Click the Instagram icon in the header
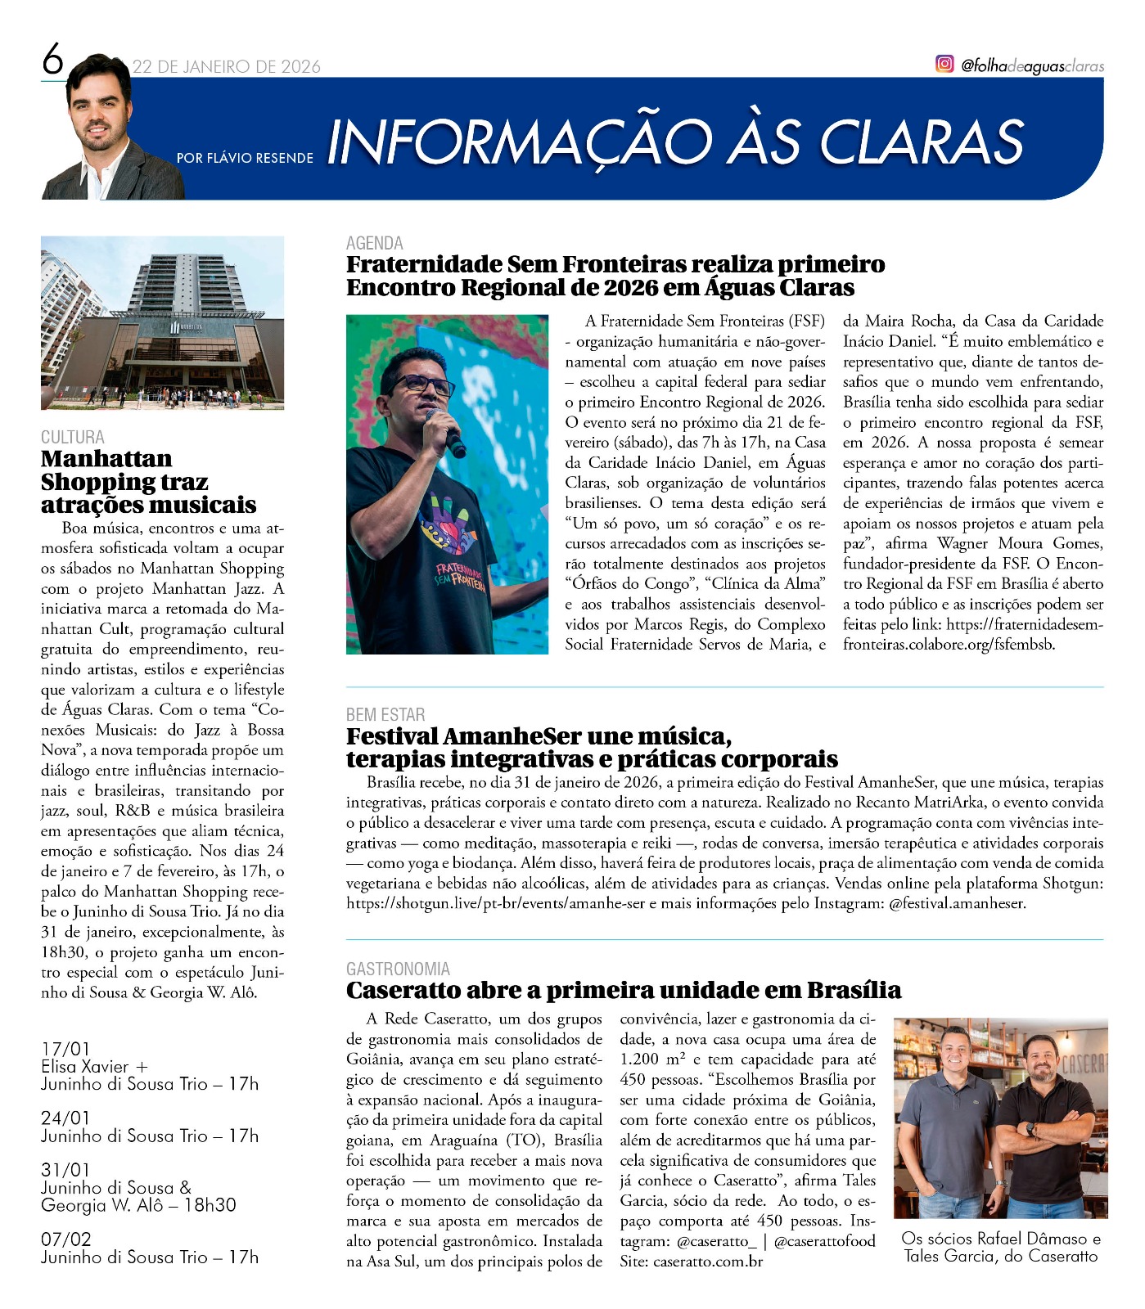coord(944,64)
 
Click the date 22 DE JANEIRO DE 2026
coord(227,67)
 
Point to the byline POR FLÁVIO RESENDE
coord(245,157)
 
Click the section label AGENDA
coord(374,243)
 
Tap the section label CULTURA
coord(73,437)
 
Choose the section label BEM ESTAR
coord(385,714)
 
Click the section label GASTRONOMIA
coord(398,969)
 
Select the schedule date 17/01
coord(65,1049)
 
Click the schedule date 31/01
coord(65,1170)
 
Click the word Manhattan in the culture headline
coord(106,458)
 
